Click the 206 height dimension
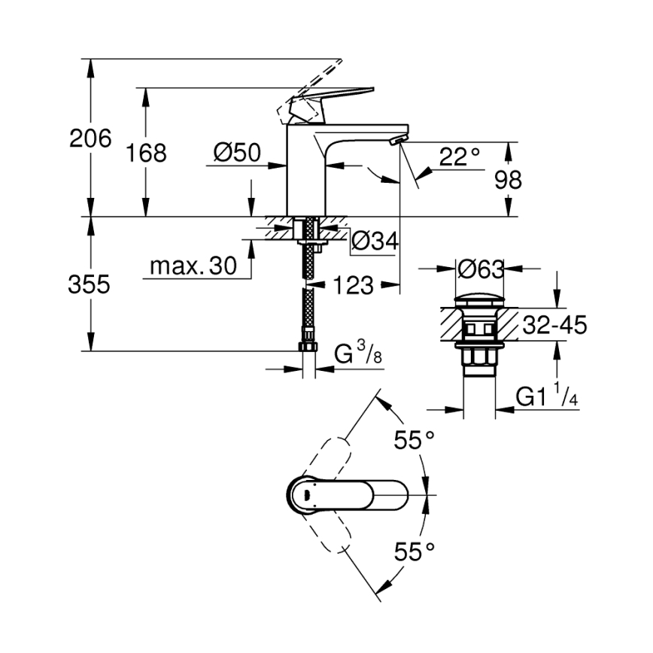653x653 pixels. pyautogui.click(x=90, y=138)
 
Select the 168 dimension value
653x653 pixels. pyautogui.click(x=145, y=153)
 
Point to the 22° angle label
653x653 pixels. pyautogui.click(x=460, y=157)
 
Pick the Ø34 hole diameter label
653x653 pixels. pyautogui.click(x=375, y=241)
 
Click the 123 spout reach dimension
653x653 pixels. pyautogui.click(x=352, y=285)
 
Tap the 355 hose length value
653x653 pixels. pyautogui.click(x=90, y=284)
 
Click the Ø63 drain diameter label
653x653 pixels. pyautogui.click(x=480, y=268)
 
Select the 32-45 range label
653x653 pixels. pyautogui.click(x=554, y=325)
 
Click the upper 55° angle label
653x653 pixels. pyautogui.click(x=415, y=440)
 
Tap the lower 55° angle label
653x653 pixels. pyautogui.click(x=415, y=553)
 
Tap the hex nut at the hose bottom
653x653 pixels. pyautogui.click(x=308, y=347)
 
